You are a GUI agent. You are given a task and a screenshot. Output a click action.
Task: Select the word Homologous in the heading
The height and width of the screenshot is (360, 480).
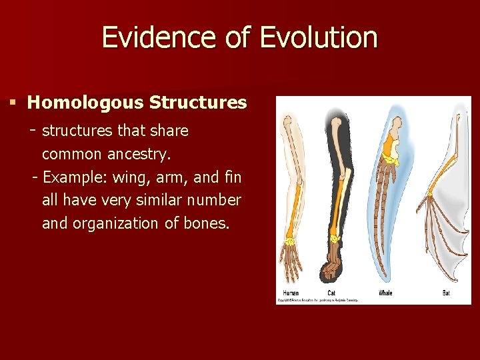[85, 103]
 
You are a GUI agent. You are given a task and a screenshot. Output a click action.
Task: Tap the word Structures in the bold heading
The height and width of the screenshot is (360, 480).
[198, 103]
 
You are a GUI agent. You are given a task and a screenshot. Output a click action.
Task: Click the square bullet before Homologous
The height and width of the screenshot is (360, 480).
[12, 103]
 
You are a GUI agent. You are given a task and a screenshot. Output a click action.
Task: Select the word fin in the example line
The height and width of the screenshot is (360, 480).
[233, 177]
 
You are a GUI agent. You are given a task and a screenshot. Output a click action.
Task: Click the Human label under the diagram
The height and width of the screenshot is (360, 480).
[291, 293]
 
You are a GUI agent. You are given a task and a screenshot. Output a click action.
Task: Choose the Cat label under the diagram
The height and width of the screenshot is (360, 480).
[331, 293]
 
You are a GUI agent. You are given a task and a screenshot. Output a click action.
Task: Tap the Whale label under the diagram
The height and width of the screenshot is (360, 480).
[385, 293]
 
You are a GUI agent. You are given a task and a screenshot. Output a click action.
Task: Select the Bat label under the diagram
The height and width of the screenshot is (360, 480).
[446, 293]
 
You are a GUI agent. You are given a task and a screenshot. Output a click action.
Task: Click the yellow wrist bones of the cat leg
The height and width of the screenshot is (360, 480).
[333, 238]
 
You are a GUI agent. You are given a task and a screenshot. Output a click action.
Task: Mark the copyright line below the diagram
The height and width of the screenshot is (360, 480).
[318, 301]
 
